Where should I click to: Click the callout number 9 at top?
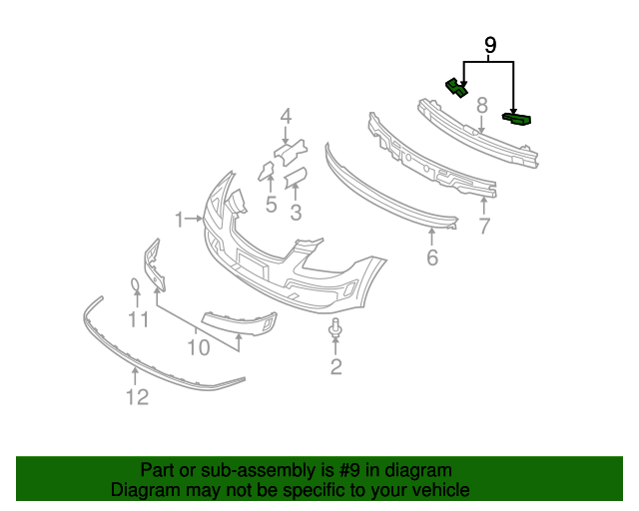pos(489,45)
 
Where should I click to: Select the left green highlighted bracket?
pos(456,88)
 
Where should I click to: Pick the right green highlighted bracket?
pos(517,120)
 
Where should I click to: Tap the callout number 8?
pos(480,105)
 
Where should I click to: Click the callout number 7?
pos(484,227)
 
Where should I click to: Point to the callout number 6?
pos(432,257)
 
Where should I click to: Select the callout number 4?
pos(286,117)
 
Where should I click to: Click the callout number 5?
pos(271,206)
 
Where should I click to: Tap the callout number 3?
pos(296,212)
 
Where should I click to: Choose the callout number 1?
pos(180,218)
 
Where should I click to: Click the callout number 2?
pos(335,367)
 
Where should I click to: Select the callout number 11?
pos(138,319)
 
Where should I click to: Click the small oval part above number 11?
pos(135,288)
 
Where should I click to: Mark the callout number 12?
pos(137,397)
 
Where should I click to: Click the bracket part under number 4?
pos(289,154)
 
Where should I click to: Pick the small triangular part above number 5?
pos(267,172)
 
